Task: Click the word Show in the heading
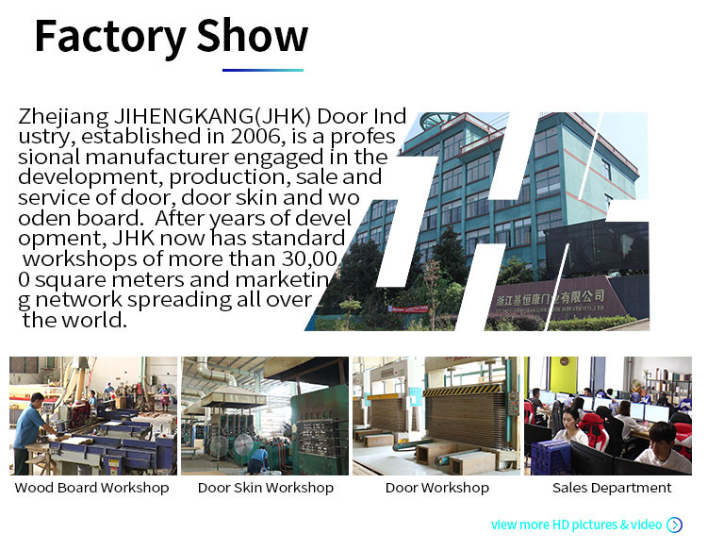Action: pos(252,35)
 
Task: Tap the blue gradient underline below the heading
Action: pos(263,70)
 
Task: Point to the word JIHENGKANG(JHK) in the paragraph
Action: pos(212,117)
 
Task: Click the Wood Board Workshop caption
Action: pos(91,488)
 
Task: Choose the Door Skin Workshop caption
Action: pos(266,488)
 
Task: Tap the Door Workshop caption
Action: pos(436,488)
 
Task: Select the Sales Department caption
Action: pos(612,488)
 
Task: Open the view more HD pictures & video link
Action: pos(576,525)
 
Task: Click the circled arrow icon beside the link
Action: pos(675,525)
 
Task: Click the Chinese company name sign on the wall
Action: pos(551,298)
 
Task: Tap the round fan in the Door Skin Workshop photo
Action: pos(243,446)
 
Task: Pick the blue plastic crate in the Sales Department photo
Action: pos(551,457)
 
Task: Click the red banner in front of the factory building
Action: pos(409,308)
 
